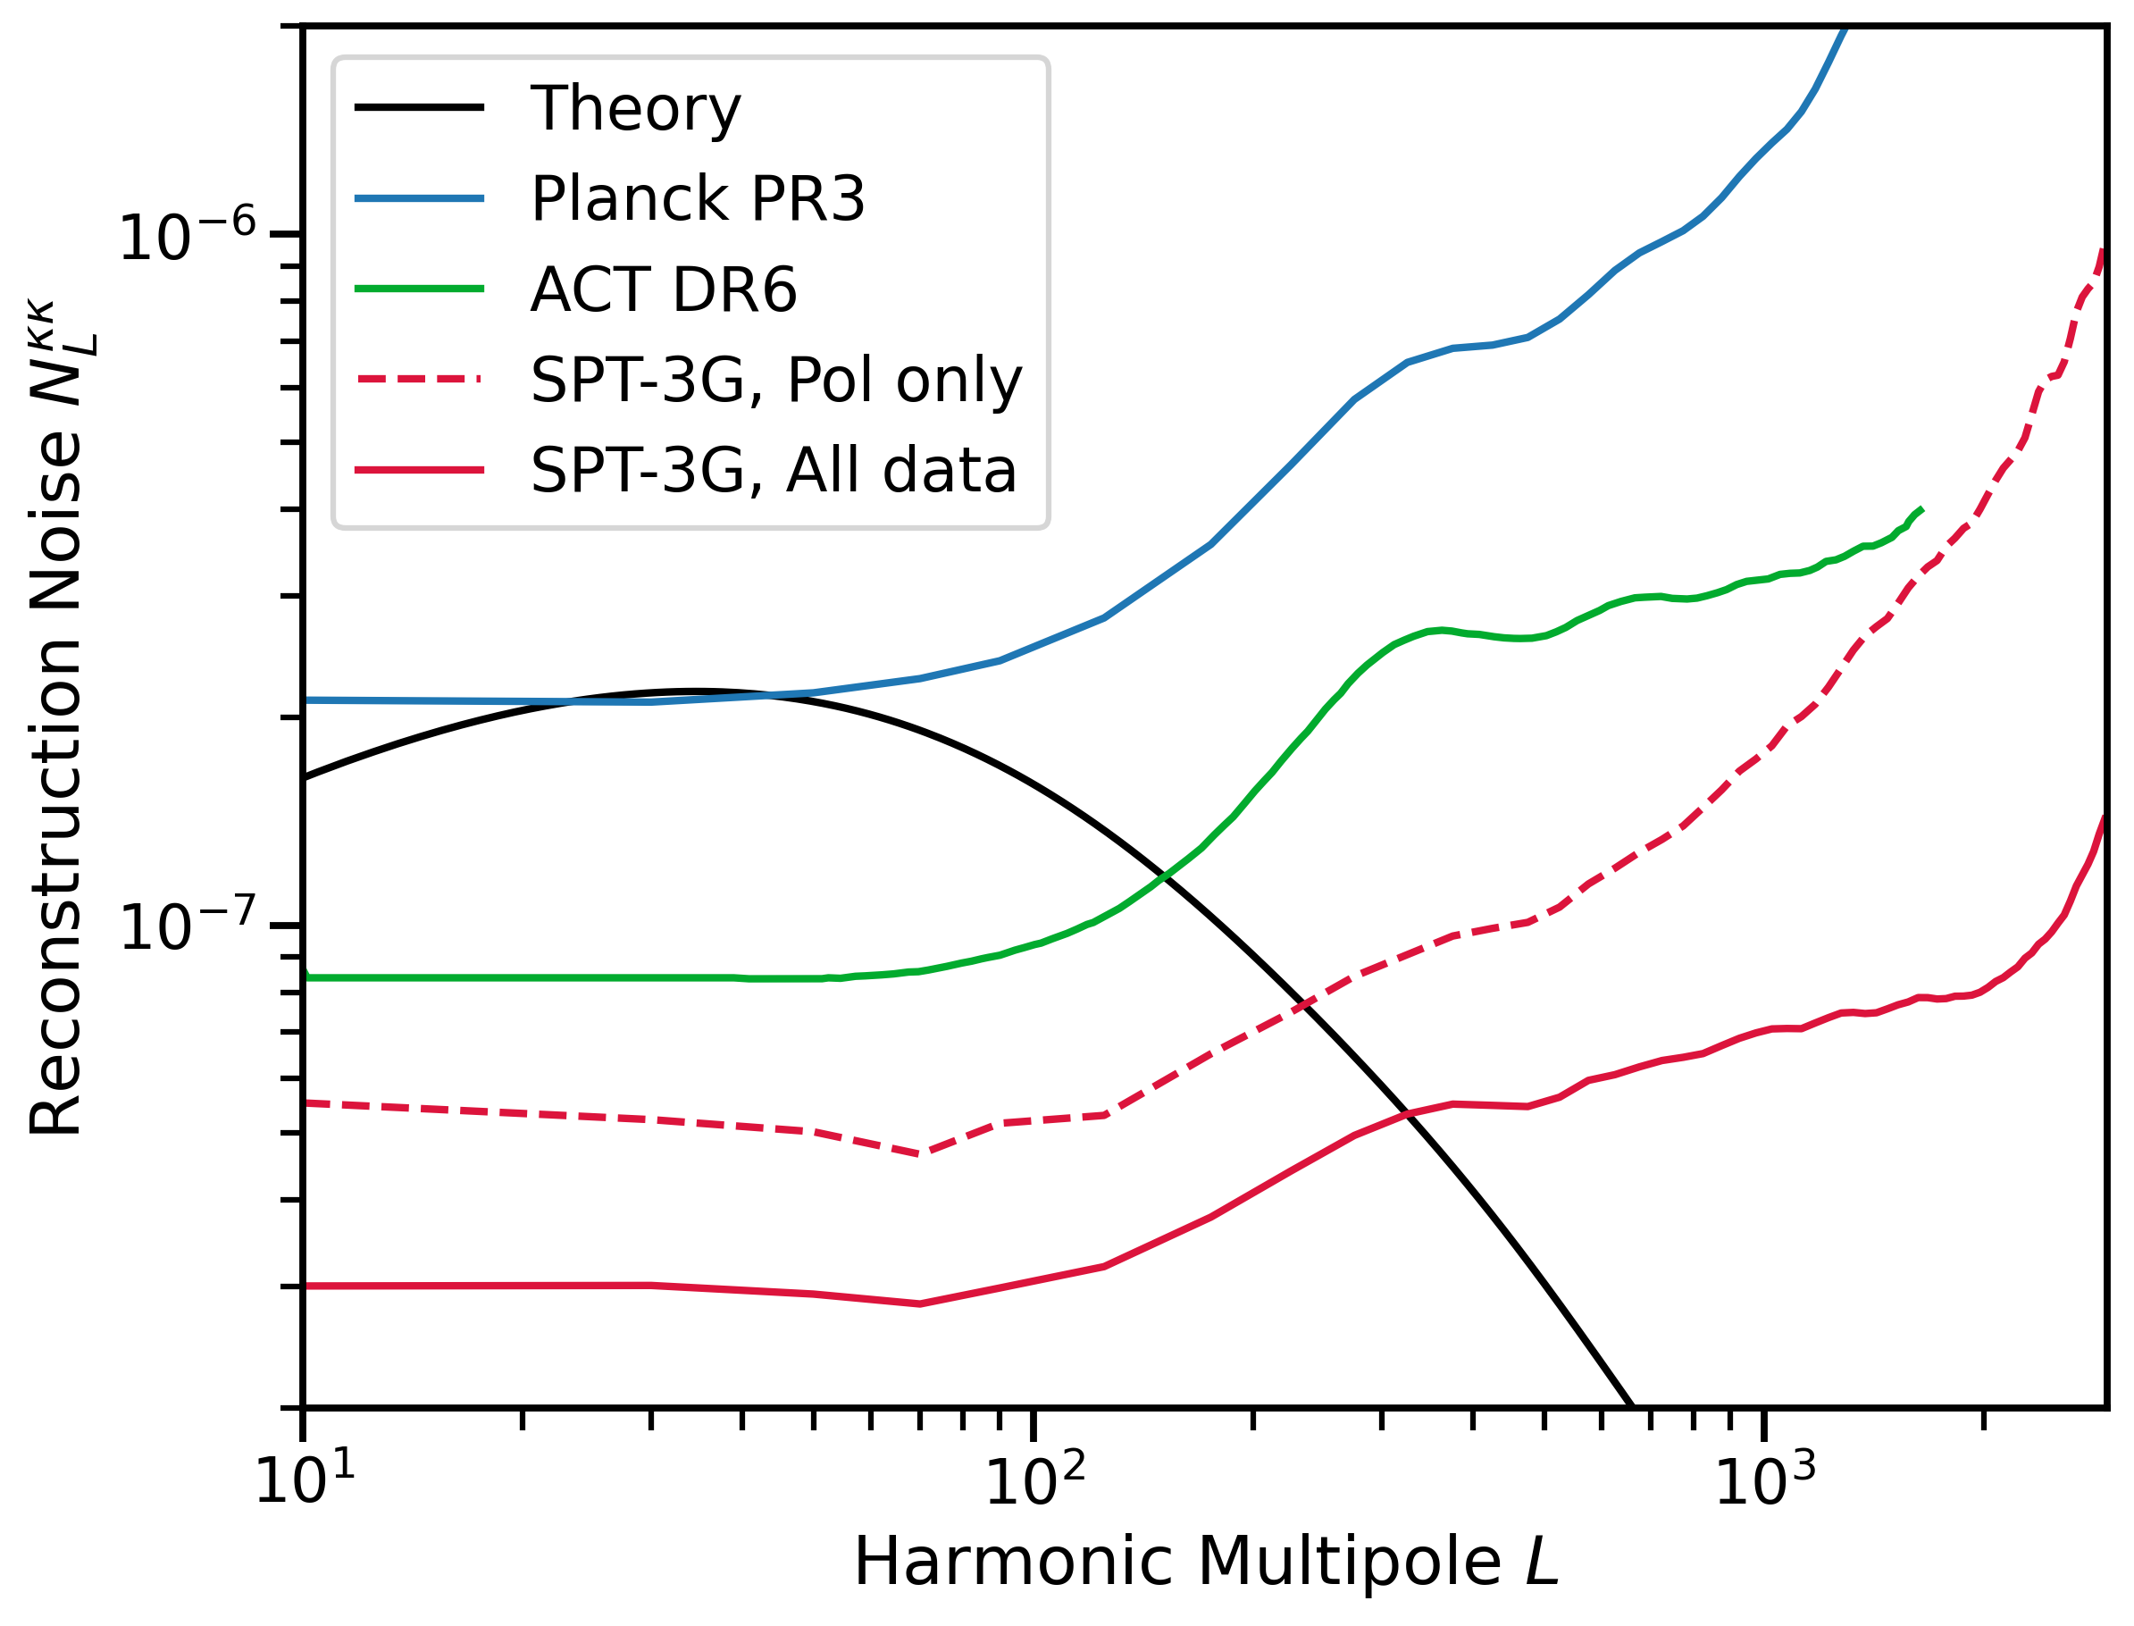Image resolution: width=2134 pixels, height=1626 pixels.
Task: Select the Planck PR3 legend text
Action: point(697,198)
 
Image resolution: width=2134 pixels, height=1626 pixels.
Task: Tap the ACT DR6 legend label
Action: point(663,289)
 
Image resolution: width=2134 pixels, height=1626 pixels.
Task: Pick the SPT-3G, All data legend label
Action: point(774,472)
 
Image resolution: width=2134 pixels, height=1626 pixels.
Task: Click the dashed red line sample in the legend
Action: point(419,380)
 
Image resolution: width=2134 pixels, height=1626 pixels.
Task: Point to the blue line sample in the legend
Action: point(419,198)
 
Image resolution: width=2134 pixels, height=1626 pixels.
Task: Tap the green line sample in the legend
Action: point(419,289)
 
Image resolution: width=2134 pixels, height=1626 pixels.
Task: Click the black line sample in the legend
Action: point(419,106)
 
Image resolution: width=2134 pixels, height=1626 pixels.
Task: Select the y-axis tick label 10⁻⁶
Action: point(187,235)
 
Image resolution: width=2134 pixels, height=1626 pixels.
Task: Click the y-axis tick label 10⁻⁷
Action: point(187,926)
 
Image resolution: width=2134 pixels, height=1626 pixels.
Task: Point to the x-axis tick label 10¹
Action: point(304,1482)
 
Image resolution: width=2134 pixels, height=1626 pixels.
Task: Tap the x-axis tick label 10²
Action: point(1034,1482)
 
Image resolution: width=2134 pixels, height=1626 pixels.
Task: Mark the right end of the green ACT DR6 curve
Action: point(1921,509)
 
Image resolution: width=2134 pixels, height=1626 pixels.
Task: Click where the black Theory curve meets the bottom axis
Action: point(1632,1405)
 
